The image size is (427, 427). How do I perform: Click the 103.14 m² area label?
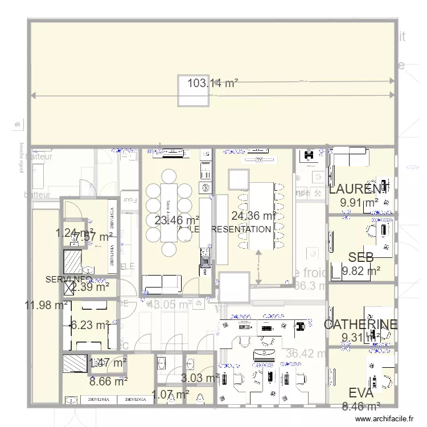coord(212,83)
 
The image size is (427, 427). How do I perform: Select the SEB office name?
coord(361,258)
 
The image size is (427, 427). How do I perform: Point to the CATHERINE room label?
coord(360,325)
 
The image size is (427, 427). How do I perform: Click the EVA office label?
coord(361,393)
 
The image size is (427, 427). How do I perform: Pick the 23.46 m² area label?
coord(177,220)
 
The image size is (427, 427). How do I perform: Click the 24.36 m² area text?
coord(254,216)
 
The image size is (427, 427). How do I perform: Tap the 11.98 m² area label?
coord(46,306)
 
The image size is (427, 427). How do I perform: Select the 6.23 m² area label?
coord(90,325)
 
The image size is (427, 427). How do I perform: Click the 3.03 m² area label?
coord(200,377)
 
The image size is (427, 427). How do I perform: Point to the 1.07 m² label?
coord(170,394)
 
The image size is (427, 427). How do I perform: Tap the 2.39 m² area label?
coord(91,287)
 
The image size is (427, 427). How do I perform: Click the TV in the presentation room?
coord(259,160)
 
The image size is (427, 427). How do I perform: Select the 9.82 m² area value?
coord(361,271)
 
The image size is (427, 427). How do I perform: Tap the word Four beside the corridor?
coord(130,200)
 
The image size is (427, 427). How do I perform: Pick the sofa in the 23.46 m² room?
coord(161,282)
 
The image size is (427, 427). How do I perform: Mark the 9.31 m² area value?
coord(360,338)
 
